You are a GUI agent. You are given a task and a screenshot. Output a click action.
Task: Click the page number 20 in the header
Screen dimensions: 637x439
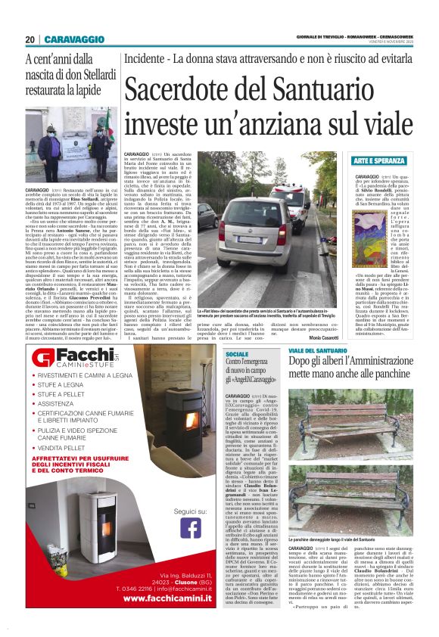coord(30,39)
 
